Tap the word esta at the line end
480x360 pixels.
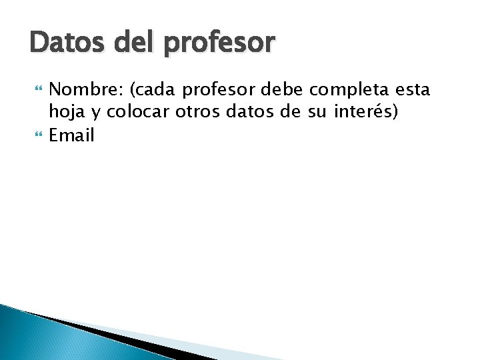pos(413,89)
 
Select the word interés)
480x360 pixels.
pos(366,111)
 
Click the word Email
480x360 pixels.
pos(72,135)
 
